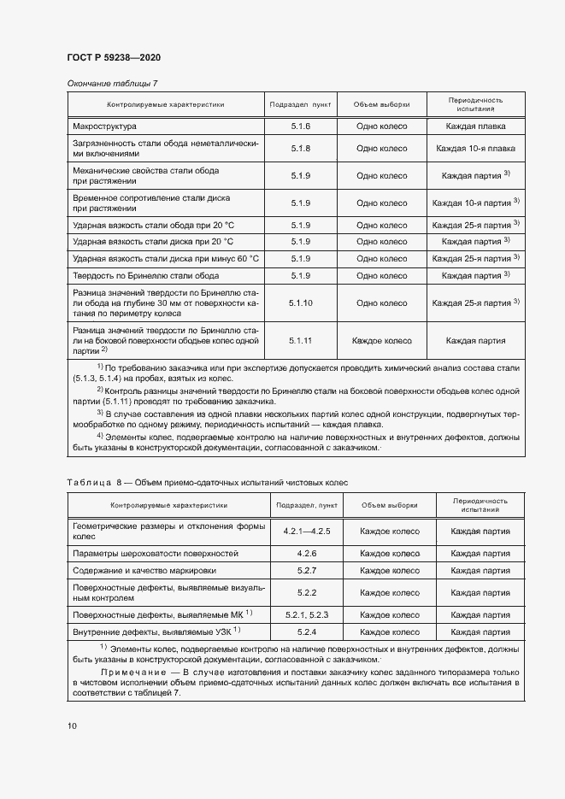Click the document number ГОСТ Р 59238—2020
[x=113, y=57]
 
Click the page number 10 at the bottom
[x=72, y=726]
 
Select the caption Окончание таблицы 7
[x=112, y=83]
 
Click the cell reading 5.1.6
[x=300, y=126]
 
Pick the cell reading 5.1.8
[x=300, y=149]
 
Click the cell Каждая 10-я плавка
[x=475, y=149]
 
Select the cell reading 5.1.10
[x=300, y=303]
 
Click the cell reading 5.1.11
[x=300, y=340]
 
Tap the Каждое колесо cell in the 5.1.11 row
[x=381, y=340]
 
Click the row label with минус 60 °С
[x=166, y=258]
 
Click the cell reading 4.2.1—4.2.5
[x=306, y=532]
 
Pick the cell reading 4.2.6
[x=306, y=554]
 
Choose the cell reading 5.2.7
[x=306, y=569]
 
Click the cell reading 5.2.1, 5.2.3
[x=306, y=614]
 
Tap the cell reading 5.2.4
[x=306, y=632]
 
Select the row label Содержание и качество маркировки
[x=144, y=569]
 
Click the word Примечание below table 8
[x=127, y=673]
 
